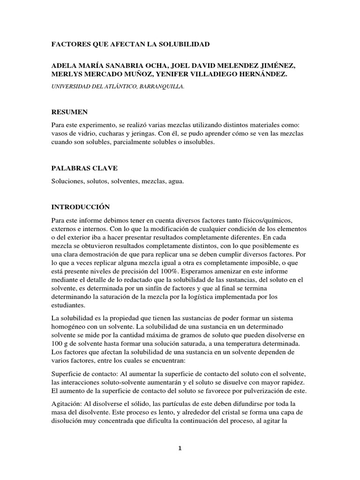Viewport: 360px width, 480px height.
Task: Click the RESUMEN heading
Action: coord(68,112)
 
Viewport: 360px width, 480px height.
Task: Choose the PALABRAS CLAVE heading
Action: coord(78,168)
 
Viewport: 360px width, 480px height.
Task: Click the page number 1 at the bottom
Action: coord(180,448)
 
